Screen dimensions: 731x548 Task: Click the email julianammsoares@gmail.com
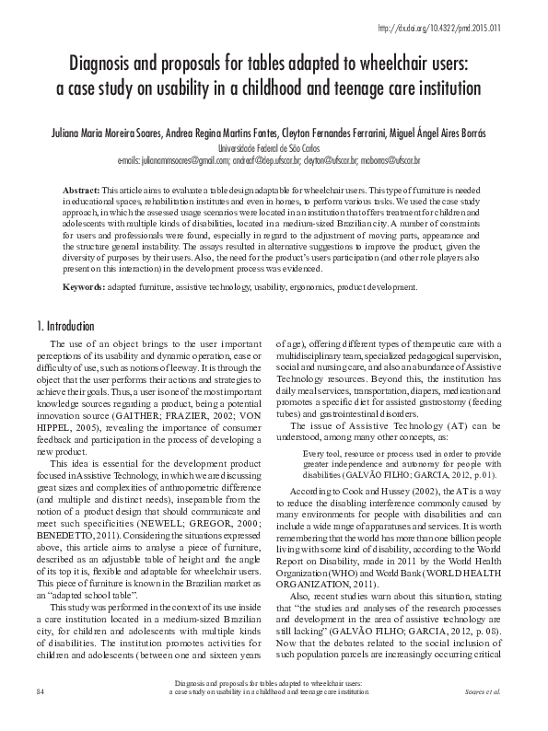point(184,158)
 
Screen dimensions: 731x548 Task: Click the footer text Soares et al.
point(489,714)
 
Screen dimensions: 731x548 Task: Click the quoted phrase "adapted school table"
point(82,578)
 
